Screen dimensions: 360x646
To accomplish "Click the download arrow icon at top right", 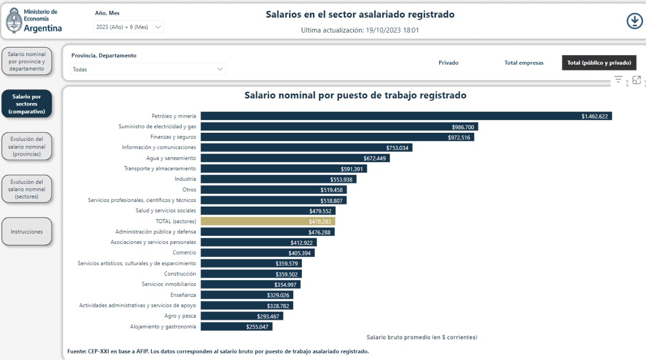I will [x=634, y=21].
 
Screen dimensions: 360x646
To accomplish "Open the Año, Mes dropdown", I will [x=129, y=27].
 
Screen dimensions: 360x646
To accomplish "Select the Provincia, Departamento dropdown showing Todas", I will [x=147, y=69].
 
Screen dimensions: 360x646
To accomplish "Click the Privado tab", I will [x=448, y=63].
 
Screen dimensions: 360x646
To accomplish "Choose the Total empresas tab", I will [x=524, y=63].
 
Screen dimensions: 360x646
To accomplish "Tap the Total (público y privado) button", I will [x=599, y=63].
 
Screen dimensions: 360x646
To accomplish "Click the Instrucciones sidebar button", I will [x=27, y=232].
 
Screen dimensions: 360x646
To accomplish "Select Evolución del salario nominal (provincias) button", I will [x=27, y=146].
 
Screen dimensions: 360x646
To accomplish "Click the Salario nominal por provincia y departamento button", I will [x=27, y=61].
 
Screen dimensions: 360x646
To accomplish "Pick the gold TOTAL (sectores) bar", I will [x=267, y=221].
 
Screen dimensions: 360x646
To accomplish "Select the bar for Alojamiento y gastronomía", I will [x=236, y=327].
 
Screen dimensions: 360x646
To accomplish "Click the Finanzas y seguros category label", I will [x=173, y=137].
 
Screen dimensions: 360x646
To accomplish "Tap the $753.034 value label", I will [x=397, y=148].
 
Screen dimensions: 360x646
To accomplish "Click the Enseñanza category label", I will [x=183, y=295].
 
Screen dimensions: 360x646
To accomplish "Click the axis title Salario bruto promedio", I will [x=421, y=337].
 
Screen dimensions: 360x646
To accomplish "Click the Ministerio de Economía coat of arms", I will [x=14, y=21].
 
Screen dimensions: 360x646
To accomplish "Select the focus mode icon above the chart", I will [x=636, y=80].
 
